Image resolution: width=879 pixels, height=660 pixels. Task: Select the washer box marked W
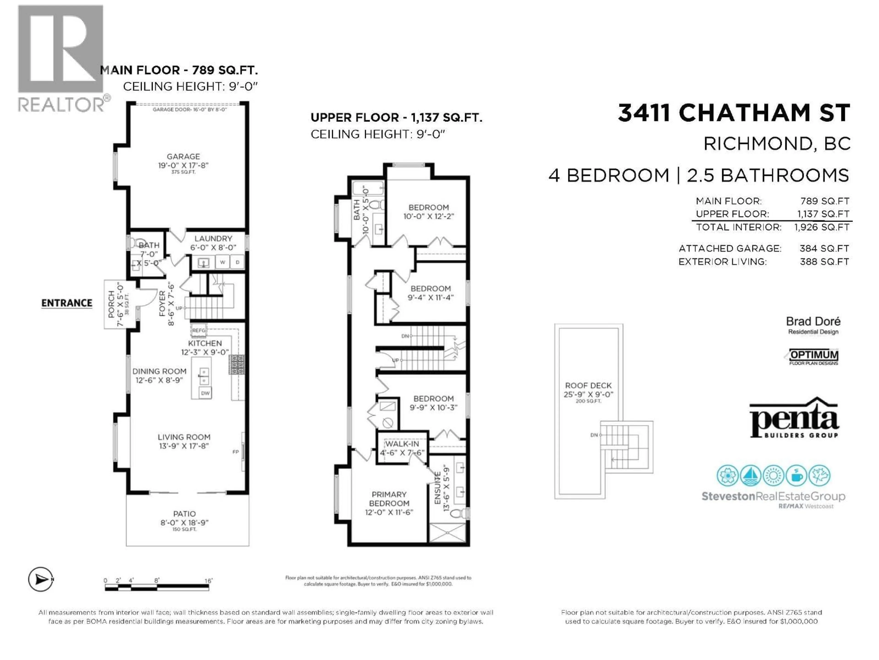pyautogui.click(x=222, y=262)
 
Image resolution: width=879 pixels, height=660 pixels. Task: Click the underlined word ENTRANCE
pyautogui.click(x=67, y=303)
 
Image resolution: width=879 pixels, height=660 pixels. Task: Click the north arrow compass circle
pyautogui.click(x=41, y=580)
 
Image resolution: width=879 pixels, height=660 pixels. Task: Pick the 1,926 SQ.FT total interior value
pyautogui.click(x=821, y=227)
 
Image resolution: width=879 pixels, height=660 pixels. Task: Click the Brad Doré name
pyautogui.click(x=813, y=322)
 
